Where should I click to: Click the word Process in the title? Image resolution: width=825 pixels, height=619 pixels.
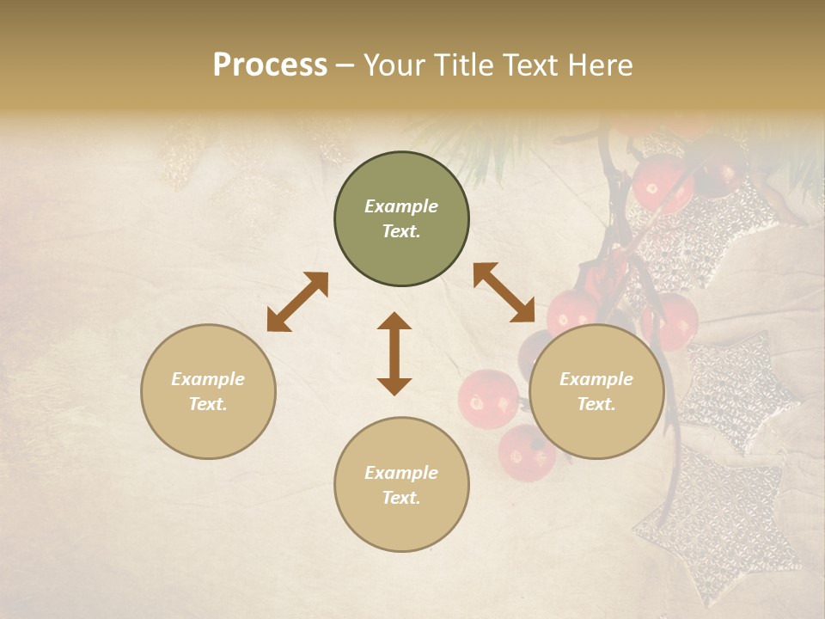tap(270, 65)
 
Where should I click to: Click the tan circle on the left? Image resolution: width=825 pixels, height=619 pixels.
tap(208, 391)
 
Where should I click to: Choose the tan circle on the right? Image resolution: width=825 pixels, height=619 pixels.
tap(596, 391)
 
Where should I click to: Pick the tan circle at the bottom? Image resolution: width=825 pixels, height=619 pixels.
tap(401, 485)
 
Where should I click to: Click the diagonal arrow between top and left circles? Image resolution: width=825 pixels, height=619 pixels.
tap(297, 302)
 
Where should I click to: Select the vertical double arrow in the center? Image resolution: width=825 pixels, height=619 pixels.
tap(394, 353)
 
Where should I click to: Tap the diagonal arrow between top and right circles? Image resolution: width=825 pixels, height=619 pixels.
tap(504, 292)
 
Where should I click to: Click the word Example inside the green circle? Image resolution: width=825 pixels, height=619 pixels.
tap(401, 206)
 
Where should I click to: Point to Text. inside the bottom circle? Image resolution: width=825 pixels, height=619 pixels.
tap(401, 498)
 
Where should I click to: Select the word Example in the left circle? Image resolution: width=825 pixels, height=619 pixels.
tap(208, 379)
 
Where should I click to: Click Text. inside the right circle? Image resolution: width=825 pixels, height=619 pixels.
tap(596, 404)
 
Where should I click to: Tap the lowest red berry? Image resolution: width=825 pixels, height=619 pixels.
tap(525, 453)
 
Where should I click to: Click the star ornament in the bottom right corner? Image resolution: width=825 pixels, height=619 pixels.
tap(722, 524)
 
